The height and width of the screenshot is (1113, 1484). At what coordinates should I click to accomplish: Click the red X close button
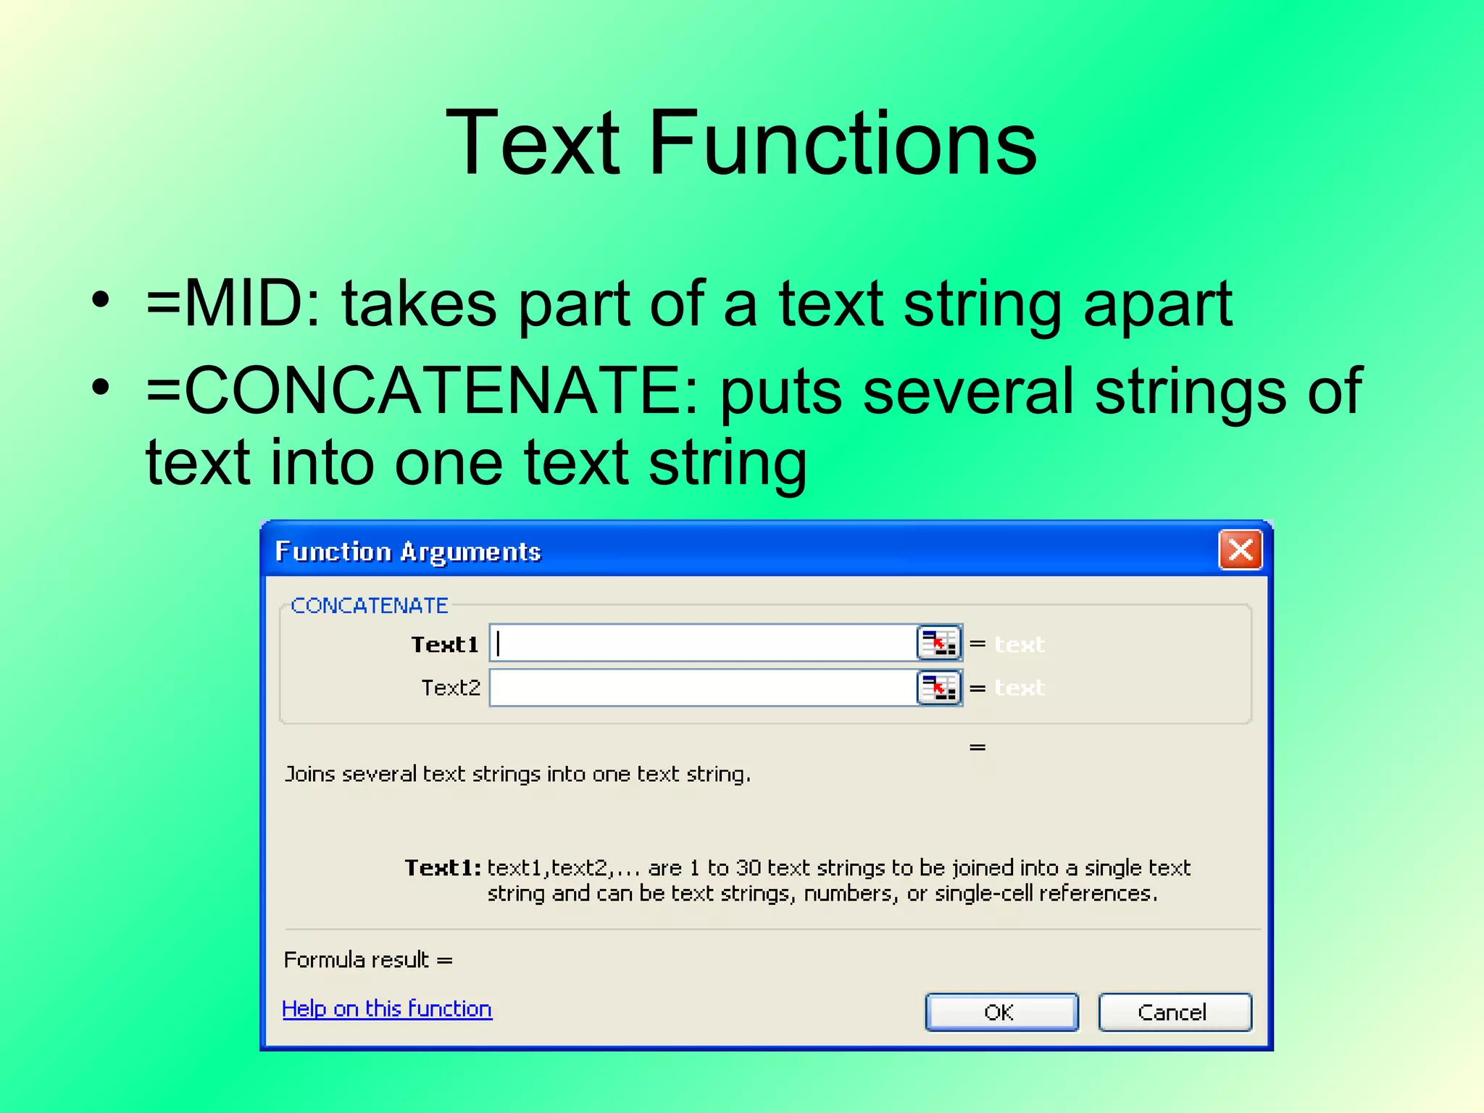click(x=1240, y=550)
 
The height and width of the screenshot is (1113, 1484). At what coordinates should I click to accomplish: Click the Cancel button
click(x=1174, y=1012)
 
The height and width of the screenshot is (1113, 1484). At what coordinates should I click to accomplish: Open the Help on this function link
click(x=387, y=1009)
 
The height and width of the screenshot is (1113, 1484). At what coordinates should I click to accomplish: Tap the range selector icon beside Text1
click(x=939, y=643)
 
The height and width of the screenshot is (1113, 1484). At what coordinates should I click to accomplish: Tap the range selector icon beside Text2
click(x=939, y=687)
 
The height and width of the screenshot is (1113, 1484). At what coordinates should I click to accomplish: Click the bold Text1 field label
click(x=445, y=644)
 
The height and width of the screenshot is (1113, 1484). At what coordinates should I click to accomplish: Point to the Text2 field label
click(x=451, y=688)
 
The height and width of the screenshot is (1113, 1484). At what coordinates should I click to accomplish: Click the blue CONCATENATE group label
click(x=370, y=605)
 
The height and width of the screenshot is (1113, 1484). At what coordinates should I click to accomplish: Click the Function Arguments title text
click(x=408, y=552)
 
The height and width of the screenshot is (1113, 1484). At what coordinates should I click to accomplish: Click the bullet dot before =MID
click(x=101, y=299)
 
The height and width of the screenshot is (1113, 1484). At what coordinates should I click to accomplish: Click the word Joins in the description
click(x=309, y=774)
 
